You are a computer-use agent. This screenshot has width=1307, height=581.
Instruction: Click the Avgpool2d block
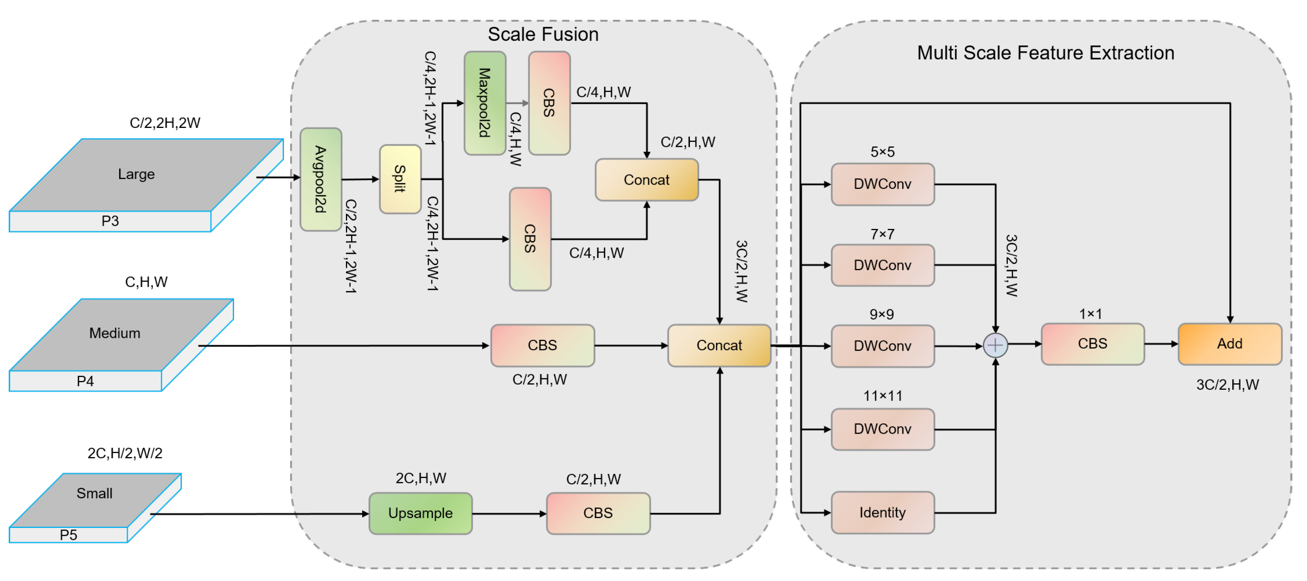(x=321, y=179)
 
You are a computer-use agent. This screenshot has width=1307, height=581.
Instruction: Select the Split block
(x=400, y=179)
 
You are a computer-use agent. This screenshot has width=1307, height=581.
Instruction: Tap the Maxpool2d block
(x=484, y=103)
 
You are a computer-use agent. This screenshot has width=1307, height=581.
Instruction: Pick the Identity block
(x=882, y=512)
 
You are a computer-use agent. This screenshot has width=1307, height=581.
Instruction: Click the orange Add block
(x=1229, y=344)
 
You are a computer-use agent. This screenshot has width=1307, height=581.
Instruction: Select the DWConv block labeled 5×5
(x=882, y=184)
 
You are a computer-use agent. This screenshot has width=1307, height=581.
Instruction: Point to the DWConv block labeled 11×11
(x=882, y=429)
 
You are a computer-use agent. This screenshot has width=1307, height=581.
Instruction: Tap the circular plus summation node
(x=995, y=345)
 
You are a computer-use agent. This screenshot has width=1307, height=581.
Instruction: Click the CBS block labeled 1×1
(x=1092, y=344)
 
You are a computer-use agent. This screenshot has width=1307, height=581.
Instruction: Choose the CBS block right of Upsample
(x=598, y=513)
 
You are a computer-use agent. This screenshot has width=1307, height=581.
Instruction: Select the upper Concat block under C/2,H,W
(x=646, y=180)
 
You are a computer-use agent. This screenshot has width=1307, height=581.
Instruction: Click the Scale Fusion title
(x=543, y=34)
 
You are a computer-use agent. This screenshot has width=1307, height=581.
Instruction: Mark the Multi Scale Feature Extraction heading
(x=1045, y=53)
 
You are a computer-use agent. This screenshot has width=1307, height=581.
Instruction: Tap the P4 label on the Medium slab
(x=85, y=381)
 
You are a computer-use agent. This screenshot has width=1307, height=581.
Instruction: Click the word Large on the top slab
(x=136, y=174)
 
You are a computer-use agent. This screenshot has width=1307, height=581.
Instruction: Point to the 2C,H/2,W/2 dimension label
(x=125, y=453)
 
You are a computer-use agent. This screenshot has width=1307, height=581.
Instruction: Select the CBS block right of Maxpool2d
(x=549, y=103)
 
